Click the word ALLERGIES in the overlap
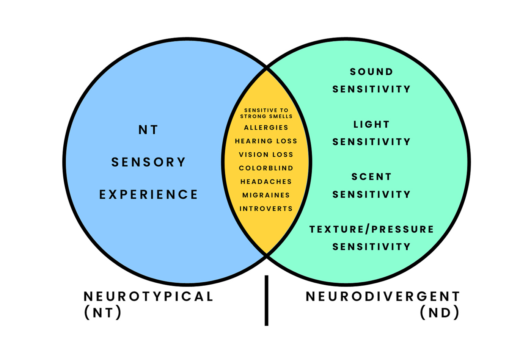pos(266,128)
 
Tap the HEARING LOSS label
pos(266,141)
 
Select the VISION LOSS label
pos(266,155)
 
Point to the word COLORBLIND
pos(266,168)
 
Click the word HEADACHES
pos(266,182)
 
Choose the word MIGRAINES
pos(266,195)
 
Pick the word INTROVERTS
pos(266,209)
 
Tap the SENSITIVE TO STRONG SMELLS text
pos(266,113)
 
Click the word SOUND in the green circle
pos(371,72)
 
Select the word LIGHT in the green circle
pos(371,124)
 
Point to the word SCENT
pos(371,177)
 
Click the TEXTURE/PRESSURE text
pos(371,229)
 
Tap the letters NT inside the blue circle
pos(148,130)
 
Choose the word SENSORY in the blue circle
pos(148,162)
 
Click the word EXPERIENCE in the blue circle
pos(148,194)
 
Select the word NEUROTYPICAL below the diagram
pos(148,296)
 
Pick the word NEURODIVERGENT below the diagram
pos(383,296)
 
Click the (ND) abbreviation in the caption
pos(440,313)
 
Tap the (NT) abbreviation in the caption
pos(103,313)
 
